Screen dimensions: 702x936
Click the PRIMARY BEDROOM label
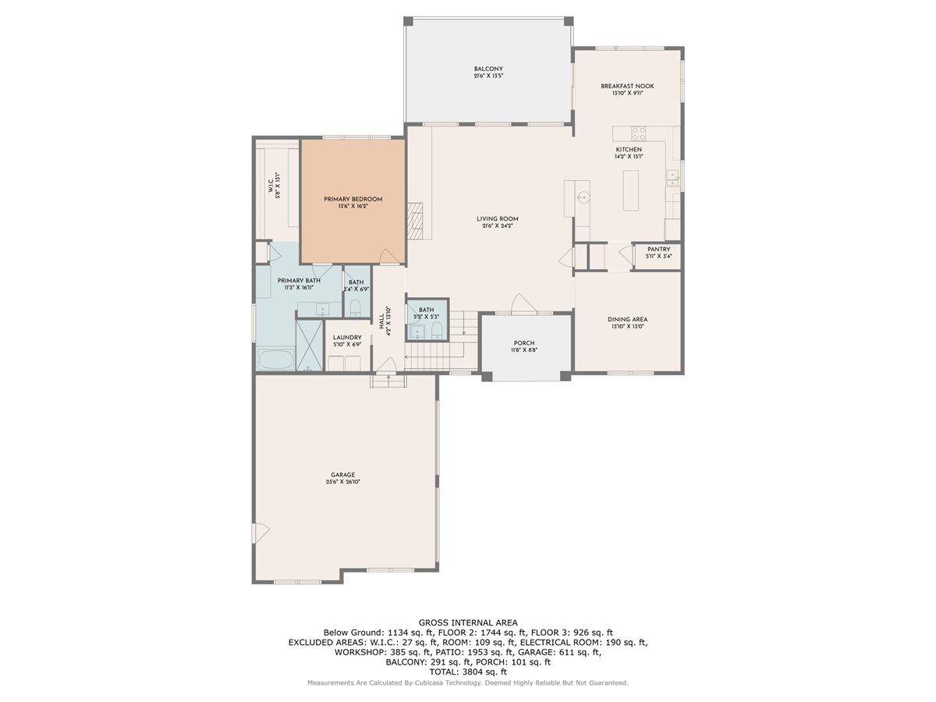[x=353, y=199]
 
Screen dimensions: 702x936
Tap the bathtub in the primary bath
[x=275, y=361]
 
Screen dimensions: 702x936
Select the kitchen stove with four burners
[x=638, y=133]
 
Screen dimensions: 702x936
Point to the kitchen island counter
[x=632, y=190]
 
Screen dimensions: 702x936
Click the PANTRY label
[x=658, y=250]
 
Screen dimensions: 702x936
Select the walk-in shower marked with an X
[x=308, y=343]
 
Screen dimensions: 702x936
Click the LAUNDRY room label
[x=347, y=338]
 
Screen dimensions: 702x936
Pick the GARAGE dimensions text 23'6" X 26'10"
[x=342, y=482]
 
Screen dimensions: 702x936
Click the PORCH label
[x=523, y=343]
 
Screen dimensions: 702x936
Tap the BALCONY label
[x=486, y=69]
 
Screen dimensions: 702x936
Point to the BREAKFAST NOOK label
[x=626, y=86]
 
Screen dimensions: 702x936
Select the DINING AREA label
[x=627, y=319]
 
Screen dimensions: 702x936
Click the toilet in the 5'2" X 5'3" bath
[x=437, y=330]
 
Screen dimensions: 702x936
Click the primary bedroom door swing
[x=387, y=257]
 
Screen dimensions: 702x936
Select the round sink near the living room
[x=581, y=198]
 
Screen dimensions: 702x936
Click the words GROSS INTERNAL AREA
[x=467, y=622]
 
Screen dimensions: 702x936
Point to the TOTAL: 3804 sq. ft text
[x=467, y=671]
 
